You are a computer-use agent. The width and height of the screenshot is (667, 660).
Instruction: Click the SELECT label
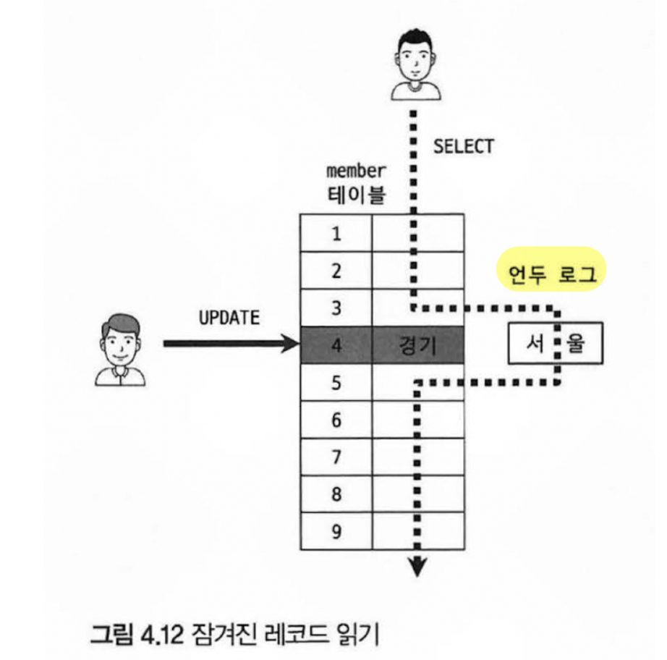click(463, 146)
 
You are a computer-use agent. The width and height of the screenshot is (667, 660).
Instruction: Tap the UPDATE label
click(229, 318)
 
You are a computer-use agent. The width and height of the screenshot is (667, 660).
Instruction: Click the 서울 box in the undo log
click(555, 345)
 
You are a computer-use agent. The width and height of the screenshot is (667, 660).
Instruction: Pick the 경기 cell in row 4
click(417, 345)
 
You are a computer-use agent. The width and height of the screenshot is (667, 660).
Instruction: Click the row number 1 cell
click(336, 233)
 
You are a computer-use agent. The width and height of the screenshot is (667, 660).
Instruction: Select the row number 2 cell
click(336, 271)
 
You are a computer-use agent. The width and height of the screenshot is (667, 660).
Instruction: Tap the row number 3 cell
click(336, 308)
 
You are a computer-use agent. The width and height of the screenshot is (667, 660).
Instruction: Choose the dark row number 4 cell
click(336, 345)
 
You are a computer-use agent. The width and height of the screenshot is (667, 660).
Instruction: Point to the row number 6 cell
click(336, 420)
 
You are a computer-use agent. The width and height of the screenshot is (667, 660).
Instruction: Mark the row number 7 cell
click(336, 457)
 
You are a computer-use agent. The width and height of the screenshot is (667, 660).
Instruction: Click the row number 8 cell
click(336, 495)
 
